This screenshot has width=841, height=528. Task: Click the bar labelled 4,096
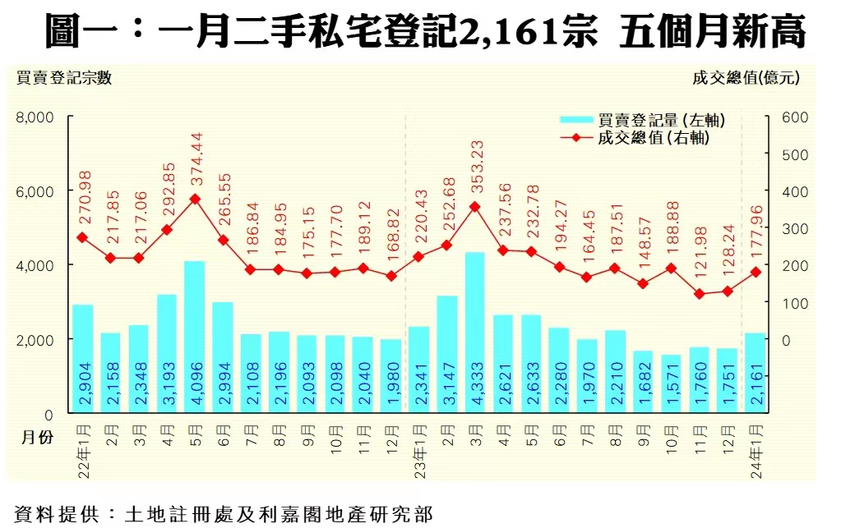(194, 337)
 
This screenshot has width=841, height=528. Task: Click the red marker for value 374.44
(195, 199)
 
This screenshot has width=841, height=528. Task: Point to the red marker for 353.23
(474, 207)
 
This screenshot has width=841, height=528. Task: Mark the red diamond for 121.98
(699, 293)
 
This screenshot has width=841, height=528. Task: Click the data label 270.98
(82, 197)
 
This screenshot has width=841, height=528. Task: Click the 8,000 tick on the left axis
(35, 117)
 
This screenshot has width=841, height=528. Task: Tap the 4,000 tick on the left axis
(35, 265)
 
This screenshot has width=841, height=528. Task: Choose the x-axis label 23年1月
(419, 450)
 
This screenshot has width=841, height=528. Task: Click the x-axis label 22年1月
(83, 450)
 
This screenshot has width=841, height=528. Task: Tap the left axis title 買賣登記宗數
(62, 78)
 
